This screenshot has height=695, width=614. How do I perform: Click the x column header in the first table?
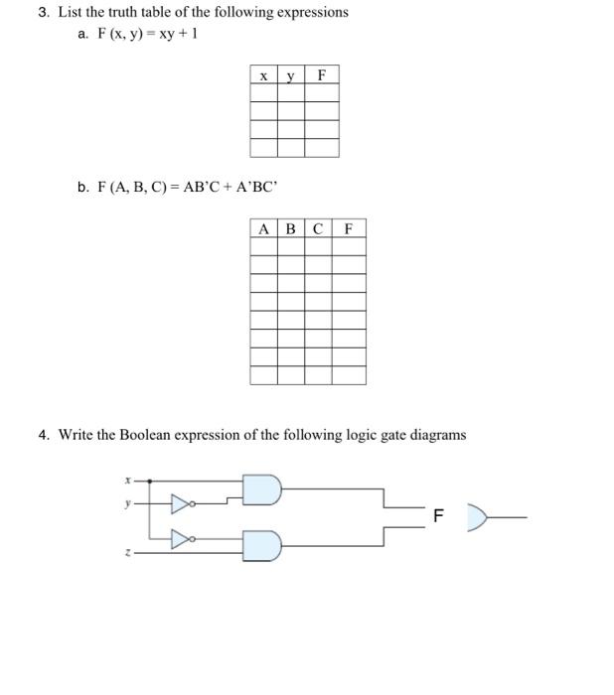263,75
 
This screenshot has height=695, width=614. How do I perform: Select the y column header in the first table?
290,75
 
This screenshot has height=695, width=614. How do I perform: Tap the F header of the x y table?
322,75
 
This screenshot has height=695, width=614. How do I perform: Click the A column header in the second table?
263,228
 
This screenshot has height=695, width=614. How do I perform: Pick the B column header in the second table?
290,228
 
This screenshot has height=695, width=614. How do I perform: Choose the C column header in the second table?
318,228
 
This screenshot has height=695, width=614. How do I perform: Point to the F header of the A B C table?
349,228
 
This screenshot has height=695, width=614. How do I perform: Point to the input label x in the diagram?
127,480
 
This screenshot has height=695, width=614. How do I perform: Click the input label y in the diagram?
127,503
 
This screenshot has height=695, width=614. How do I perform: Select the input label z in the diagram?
127,554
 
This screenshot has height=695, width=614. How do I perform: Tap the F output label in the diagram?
440,516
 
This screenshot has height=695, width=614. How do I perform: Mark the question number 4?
43,435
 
